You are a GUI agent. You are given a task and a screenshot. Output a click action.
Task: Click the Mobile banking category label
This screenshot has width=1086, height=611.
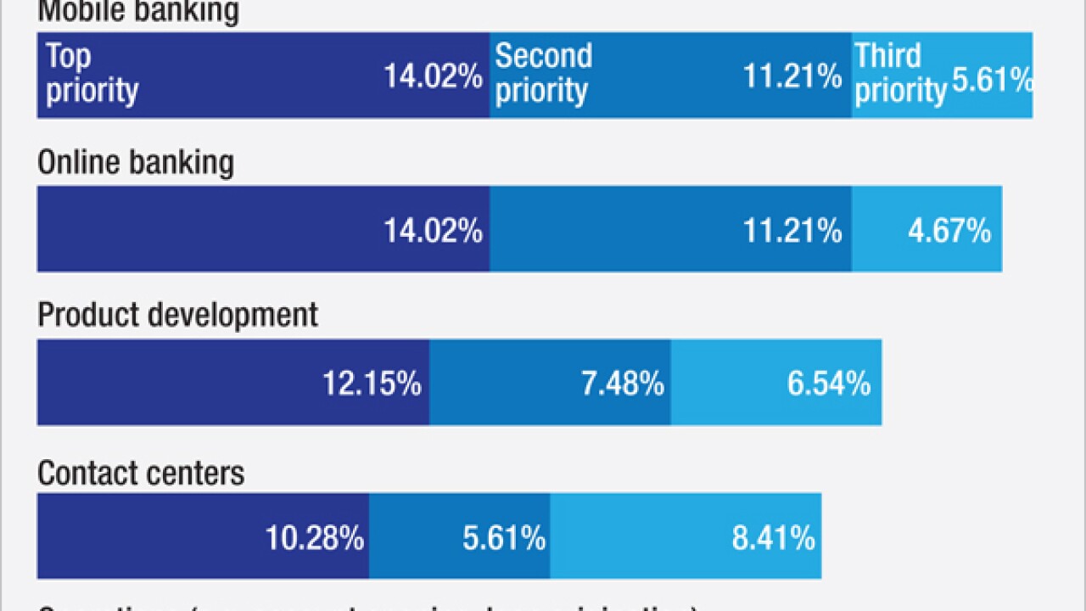[x=138, y=12]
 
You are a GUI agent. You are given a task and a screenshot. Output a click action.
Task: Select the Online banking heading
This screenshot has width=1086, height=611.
[x=136, y=162]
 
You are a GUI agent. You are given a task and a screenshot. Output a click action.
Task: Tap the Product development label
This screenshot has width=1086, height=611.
[x=177, y=315]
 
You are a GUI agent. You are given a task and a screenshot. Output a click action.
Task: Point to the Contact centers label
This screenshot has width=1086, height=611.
[x=141, y=473]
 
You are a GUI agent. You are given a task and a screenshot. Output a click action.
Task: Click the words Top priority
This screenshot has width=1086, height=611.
[x=92, y=73]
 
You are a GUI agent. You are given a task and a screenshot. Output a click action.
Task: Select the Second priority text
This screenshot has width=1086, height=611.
[x=543, y=73]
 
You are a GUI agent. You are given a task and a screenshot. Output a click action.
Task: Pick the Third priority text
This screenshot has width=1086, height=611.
[x=899, y=73]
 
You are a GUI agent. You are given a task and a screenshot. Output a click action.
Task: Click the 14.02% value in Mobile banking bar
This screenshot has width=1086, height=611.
[x=433, y=77]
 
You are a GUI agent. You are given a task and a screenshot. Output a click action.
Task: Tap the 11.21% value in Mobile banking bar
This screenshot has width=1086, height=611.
[x=792, y=77]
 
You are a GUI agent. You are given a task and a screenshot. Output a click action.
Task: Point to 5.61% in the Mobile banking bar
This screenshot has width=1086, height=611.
[x=992, y=80]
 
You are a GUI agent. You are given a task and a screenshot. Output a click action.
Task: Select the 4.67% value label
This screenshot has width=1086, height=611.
[x=949, y=231]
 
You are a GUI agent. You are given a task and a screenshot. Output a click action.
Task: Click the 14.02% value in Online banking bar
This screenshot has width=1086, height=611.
[x=433, y=231]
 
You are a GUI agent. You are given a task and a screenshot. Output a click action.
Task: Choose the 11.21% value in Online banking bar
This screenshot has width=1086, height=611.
[x=792, y=231]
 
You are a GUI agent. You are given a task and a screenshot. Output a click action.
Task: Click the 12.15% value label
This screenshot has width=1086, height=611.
[x=372, y=384]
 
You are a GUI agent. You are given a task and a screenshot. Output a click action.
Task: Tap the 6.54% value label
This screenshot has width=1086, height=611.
[x=828, y=384]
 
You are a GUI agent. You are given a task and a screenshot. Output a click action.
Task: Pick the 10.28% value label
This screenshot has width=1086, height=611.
[x=314, y=538]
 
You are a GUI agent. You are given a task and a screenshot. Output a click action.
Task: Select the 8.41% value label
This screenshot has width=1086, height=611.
[x=773, y=538]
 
